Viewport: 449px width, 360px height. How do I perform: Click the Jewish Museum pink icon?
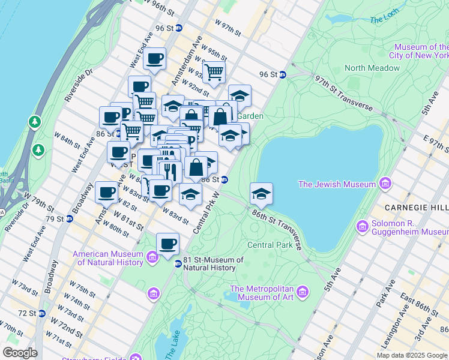[385, 182]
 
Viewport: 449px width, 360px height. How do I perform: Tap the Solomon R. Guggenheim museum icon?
[362, 226]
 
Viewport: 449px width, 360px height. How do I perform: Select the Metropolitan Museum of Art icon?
[303, 292]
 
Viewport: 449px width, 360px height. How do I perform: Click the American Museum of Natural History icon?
[152, 258]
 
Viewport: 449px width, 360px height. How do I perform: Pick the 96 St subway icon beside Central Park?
[283, 75]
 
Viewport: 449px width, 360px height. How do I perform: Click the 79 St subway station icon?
[69, 218]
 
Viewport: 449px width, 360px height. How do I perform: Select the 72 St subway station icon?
[41, 313]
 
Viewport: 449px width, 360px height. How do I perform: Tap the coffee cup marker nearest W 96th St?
[155, 59]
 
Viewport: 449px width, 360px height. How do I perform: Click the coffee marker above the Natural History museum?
[167, 244]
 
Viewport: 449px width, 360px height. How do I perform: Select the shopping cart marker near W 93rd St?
[213, 72]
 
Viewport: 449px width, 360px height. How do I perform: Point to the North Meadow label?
[372, 68]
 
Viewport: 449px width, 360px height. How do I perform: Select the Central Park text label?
[270, 245]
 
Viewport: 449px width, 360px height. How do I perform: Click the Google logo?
[20, 352]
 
